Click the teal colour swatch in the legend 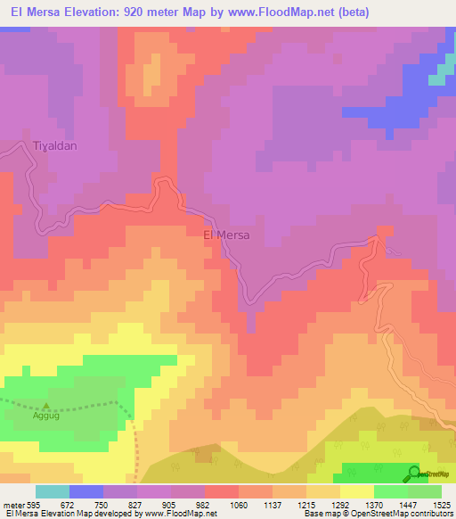tap(53, 491)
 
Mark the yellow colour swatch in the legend tap(356, 491)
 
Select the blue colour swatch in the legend tap(86, 491)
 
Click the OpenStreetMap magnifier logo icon tap(414, 473)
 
